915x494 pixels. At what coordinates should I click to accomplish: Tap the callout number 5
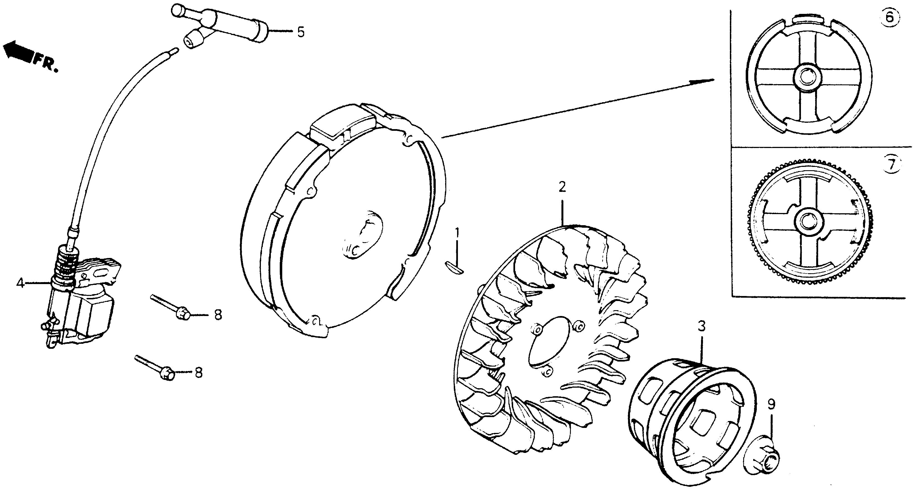[301, 32]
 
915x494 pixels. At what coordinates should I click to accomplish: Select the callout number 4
[20, 283]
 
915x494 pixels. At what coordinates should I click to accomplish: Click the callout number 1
[457, 233]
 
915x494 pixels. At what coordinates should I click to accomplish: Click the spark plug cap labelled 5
[220, 28]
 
